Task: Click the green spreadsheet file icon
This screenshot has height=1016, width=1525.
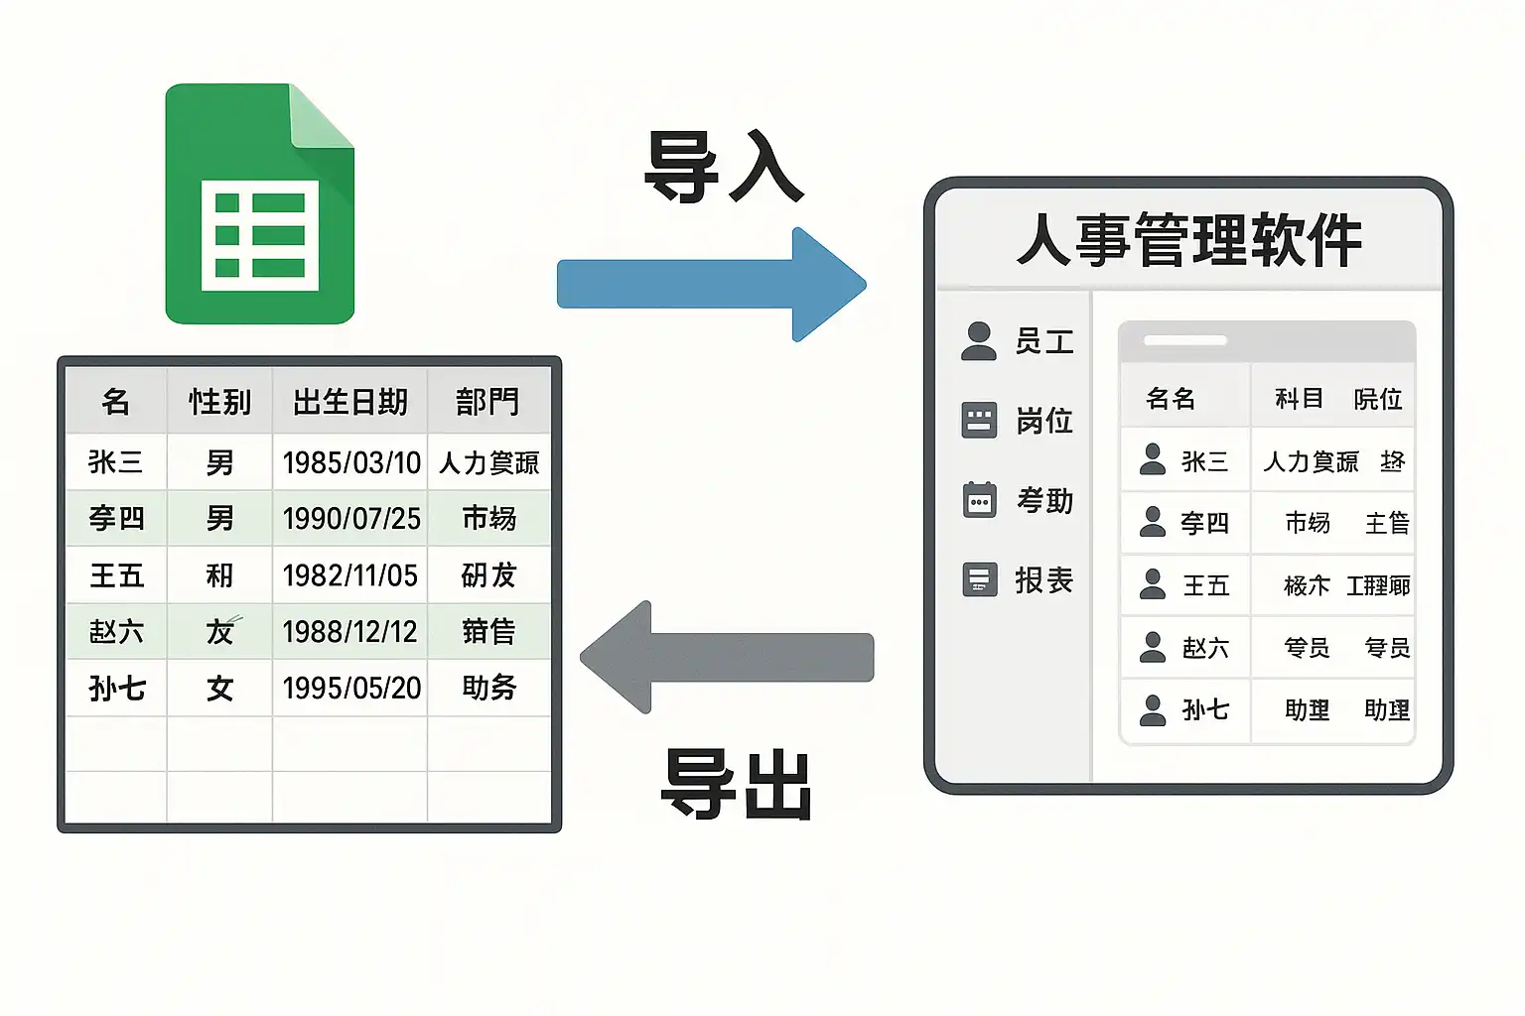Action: [x=259, y=204]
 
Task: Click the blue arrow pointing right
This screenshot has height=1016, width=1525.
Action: [x=711, y=284]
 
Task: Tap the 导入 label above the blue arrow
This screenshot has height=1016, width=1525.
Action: [x=723, y=167]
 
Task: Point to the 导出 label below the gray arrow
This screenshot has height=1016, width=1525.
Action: [x=737, y=784]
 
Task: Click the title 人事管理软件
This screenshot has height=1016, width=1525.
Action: [x=1188, y=240]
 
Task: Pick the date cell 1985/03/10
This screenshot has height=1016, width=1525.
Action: [x=351, y=462]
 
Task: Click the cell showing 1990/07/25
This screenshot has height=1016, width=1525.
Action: [x=351, y=519]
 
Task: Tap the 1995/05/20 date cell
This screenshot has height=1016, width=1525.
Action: [x=351, y=688]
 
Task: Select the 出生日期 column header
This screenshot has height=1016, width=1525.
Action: [x=350, y=402]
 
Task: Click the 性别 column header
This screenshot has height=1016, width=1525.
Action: [x=219, y=402]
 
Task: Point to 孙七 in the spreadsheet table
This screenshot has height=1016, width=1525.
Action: [x=117, y=688]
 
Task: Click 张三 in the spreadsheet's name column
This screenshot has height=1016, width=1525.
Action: [x=116, y=462]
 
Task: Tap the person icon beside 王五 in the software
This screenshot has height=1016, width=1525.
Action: [x=1153, y=584]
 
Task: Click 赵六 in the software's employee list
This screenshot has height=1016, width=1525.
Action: [x=1205, y=648]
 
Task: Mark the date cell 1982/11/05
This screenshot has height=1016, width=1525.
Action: [x=350, y=575]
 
